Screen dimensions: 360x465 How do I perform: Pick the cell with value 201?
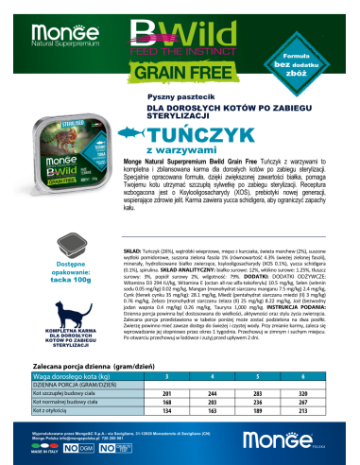(x=193, y=393)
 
